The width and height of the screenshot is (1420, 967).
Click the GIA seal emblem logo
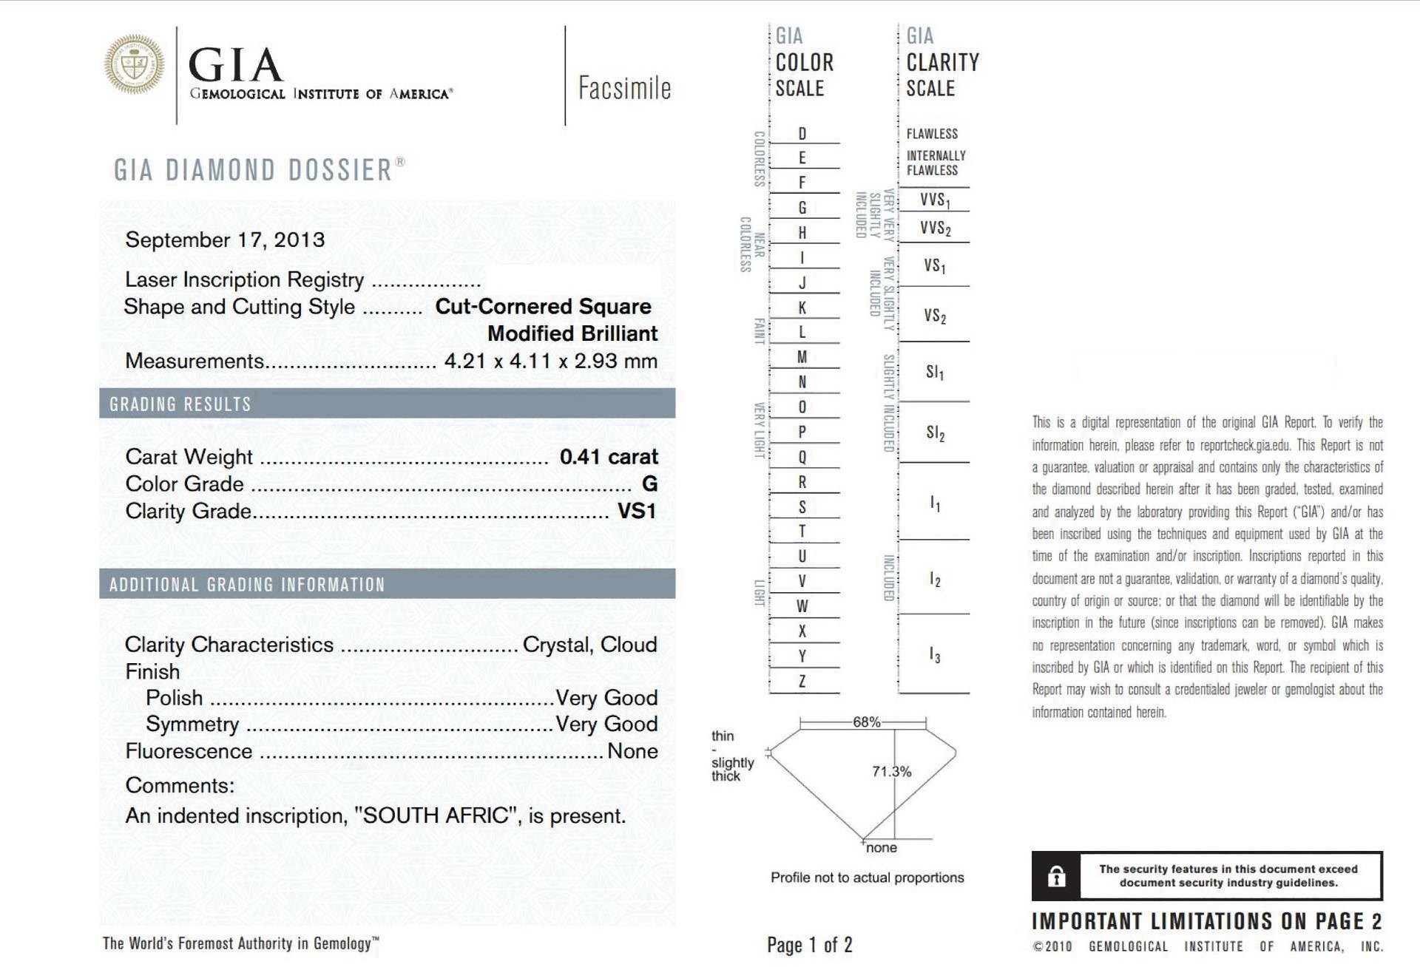tap(134, 64)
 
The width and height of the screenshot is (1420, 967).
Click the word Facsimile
tap(624, 88)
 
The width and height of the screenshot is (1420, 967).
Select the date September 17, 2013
tap(225, 240)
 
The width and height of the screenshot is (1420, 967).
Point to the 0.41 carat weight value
tap(608, 457)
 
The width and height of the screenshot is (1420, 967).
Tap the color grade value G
tap(649, 483)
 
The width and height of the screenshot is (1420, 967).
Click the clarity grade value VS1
tap(636, 511)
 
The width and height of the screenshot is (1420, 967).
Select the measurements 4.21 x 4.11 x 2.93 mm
tap(550, 361)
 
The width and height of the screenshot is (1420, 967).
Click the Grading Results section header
tap(180, 404)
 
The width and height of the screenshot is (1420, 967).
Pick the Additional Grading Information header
tap(247, 585)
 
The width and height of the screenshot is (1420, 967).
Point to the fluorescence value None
tap(632, 751)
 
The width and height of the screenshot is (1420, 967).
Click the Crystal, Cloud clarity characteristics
tap(589, 645)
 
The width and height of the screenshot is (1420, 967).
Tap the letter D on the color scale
tap(802, 134)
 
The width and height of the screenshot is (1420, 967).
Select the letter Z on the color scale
tap(802, 682)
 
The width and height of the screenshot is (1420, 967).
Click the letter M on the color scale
tap(802, 358)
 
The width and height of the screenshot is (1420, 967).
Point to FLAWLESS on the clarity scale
tap(932, 134)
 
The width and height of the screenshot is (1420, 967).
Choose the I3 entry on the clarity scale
tap(935, 656)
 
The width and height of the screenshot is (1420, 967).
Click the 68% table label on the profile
tap(866, 722)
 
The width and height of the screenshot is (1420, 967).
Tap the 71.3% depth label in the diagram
tap(891, 772)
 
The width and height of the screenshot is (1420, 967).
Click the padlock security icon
tap(1056, 877)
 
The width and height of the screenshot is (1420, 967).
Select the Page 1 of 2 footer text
tap(809, 945)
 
